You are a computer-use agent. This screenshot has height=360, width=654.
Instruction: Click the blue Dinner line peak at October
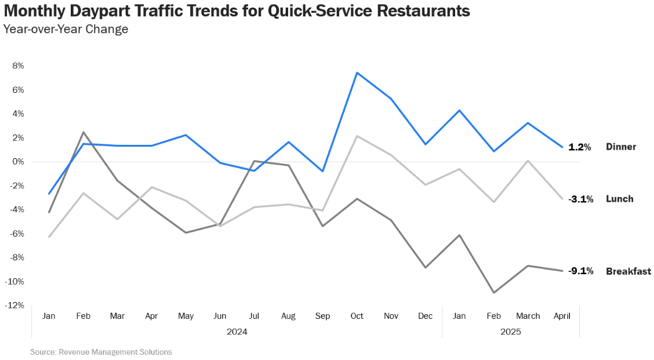pyautogui.click(x=357, y=73)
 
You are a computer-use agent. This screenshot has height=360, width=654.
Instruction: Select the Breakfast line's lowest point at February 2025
pyautogui.click(x=494, y=292)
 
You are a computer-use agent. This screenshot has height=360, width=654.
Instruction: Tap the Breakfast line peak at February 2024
pyautogui.click(x=83, y=133)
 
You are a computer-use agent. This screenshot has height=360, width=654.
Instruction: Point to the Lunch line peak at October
pyautogui.click(x=357, y=136)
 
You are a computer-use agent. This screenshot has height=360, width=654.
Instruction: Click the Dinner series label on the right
pyautogui.click(x=621, y=147)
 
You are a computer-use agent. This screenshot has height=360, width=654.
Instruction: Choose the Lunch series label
pyautogui.click(x=619, y=199)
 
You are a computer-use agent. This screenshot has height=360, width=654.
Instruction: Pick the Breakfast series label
pyautogui.click(x=628, y=271)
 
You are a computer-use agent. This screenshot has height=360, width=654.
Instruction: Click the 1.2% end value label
pyautogui.click(x=579, y=147)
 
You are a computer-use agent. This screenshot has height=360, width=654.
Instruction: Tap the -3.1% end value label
pyautogui.click(x=580, y=199)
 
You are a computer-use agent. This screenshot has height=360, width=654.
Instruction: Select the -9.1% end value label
pyautogui.click(x=580, y=271)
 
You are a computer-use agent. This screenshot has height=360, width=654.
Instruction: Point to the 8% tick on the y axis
pyautogui.click(x=18, y=66)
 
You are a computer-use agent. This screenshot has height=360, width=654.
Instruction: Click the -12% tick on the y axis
pyautogui.click(x=14, y=306)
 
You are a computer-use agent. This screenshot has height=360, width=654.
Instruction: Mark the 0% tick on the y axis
pyautogui.click(x=18, y=162)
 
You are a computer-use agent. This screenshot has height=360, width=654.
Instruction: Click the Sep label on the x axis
pyautogui.click(x=322, y=317)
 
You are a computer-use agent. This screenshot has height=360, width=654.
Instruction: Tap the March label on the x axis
pyautogui.click(x=528, y=317)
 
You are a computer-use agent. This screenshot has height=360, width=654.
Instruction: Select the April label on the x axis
pyautogui.click(x=562, y=317)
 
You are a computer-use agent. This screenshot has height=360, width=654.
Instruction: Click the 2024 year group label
pyautogui.click(x=237, y=332)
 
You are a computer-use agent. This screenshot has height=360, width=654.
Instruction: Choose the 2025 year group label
pyautogui.click(x=511, y=332)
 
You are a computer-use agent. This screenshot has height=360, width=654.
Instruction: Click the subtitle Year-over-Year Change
pyautogui.click(x=66, y=29)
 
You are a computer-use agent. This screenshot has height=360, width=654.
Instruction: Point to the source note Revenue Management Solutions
pyautogui.click(x=101, y=352)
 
